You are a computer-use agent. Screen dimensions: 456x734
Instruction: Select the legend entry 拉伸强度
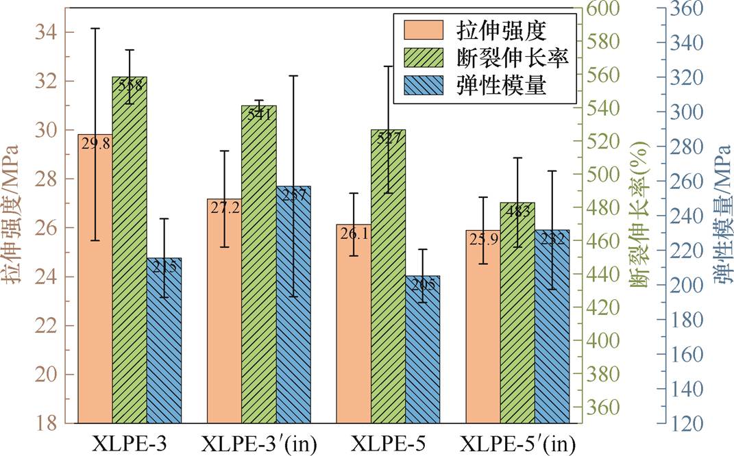coord(504,30)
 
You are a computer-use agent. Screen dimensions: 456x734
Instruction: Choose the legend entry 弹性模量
coord(504,84)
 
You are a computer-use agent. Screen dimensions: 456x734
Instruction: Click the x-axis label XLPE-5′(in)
coord(517,443)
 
